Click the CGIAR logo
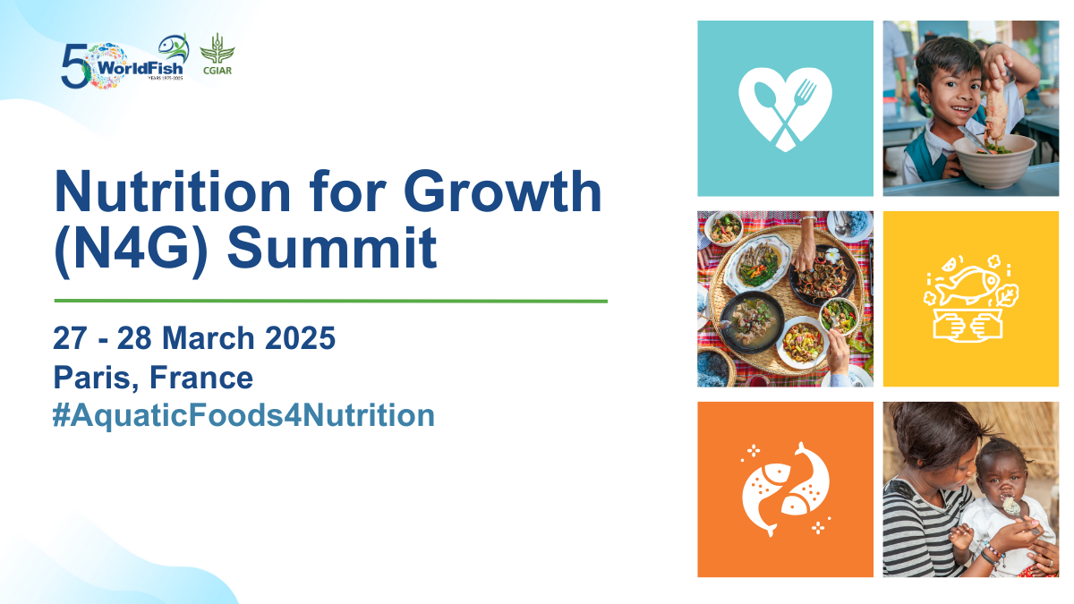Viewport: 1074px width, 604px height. click(x=217, y=55)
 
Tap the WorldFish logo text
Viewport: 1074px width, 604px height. click(x=140, y=69)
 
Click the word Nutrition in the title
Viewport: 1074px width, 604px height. click(x=173, y=191)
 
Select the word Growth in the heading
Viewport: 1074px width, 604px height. click(x=502, y=191)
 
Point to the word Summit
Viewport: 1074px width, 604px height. click(x=332, y=249)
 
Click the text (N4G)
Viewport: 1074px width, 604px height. click(x=131, y=251)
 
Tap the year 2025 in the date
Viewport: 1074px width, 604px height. click(x=300, y=338)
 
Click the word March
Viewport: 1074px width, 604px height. click(x=209, y=338)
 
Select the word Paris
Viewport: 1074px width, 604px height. click(x=92, y=378)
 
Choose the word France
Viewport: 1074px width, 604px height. click(x=201, y=378)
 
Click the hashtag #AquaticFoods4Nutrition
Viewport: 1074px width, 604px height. click(x=243, y=415)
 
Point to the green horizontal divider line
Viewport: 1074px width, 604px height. click(x=331, y=301)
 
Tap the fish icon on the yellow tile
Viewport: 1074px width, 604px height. click(x=971, y=298)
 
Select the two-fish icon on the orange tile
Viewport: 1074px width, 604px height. click(x=786, y=489)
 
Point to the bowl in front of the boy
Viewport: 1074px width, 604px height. click(x=993, y=163)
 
